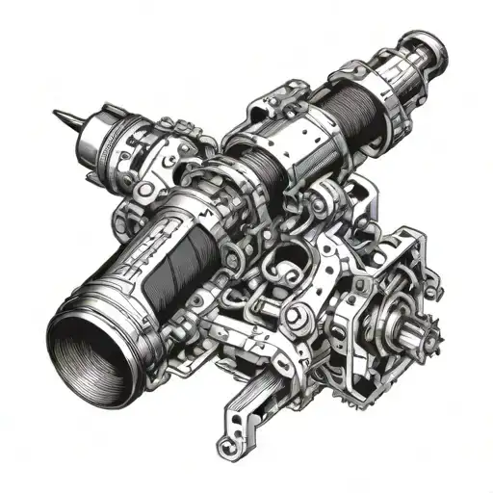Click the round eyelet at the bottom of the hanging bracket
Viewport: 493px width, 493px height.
(228, 446)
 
